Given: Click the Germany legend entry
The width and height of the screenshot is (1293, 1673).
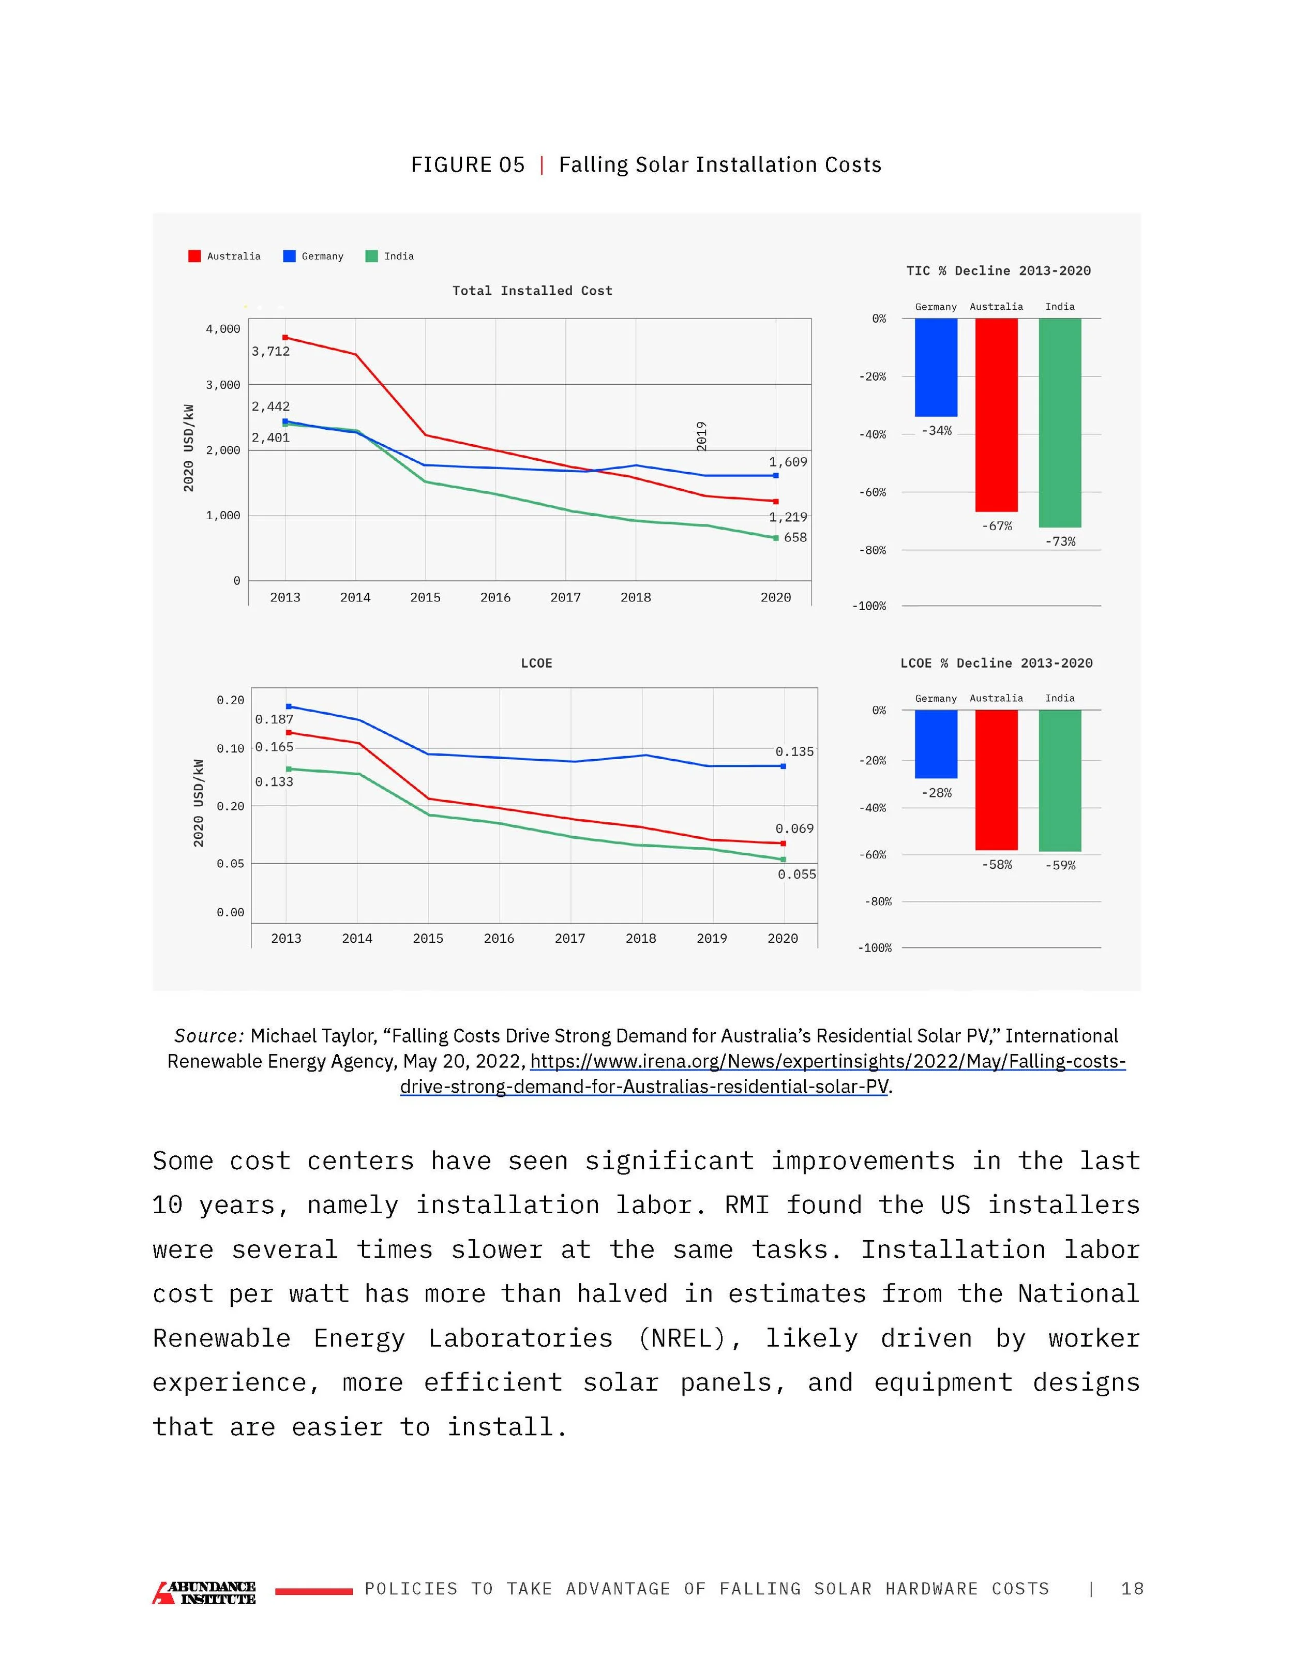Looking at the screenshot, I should click(313, 256).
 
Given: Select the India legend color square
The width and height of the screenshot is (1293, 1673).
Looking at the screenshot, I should click(371, 256).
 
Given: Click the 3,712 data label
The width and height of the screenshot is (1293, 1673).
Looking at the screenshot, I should click(270, 352).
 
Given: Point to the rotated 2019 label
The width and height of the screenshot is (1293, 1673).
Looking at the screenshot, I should click(701, 436).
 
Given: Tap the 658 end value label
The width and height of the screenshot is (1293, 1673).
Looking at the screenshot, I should click(795, 537).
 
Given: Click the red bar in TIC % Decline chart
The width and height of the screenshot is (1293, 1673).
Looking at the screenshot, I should click(996, 414).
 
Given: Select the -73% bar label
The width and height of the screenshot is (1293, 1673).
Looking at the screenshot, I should click(1060, 541).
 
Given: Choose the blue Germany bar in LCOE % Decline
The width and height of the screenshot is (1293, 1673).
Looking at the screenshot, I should click(936, 743).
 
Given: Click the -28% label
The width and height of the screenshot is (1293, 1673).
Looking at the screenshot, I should click(936, 793).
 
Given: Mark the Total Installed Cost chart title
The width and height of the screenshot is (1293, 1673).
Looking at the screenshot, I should click(532, 290).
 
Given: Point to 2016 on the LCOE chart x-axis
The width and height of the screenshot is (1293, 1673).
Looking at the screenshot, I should click(499, 939).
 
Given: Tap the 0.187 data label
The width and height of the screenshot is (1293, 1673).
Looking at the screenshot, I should click(274, 719).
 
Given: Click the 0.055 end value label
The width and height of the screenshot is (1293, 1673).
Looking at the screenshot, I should click(796, 874).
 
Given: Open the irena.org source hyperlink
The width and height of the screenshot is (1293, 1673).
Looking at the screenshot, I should click(828, 1062).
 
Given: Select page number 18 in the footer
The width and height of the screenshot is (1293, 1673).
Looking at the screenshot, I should click(1132, 1589).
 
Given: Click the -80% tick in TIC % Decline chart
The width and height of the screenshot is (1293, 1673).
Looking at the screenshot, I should click(871, 550).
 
